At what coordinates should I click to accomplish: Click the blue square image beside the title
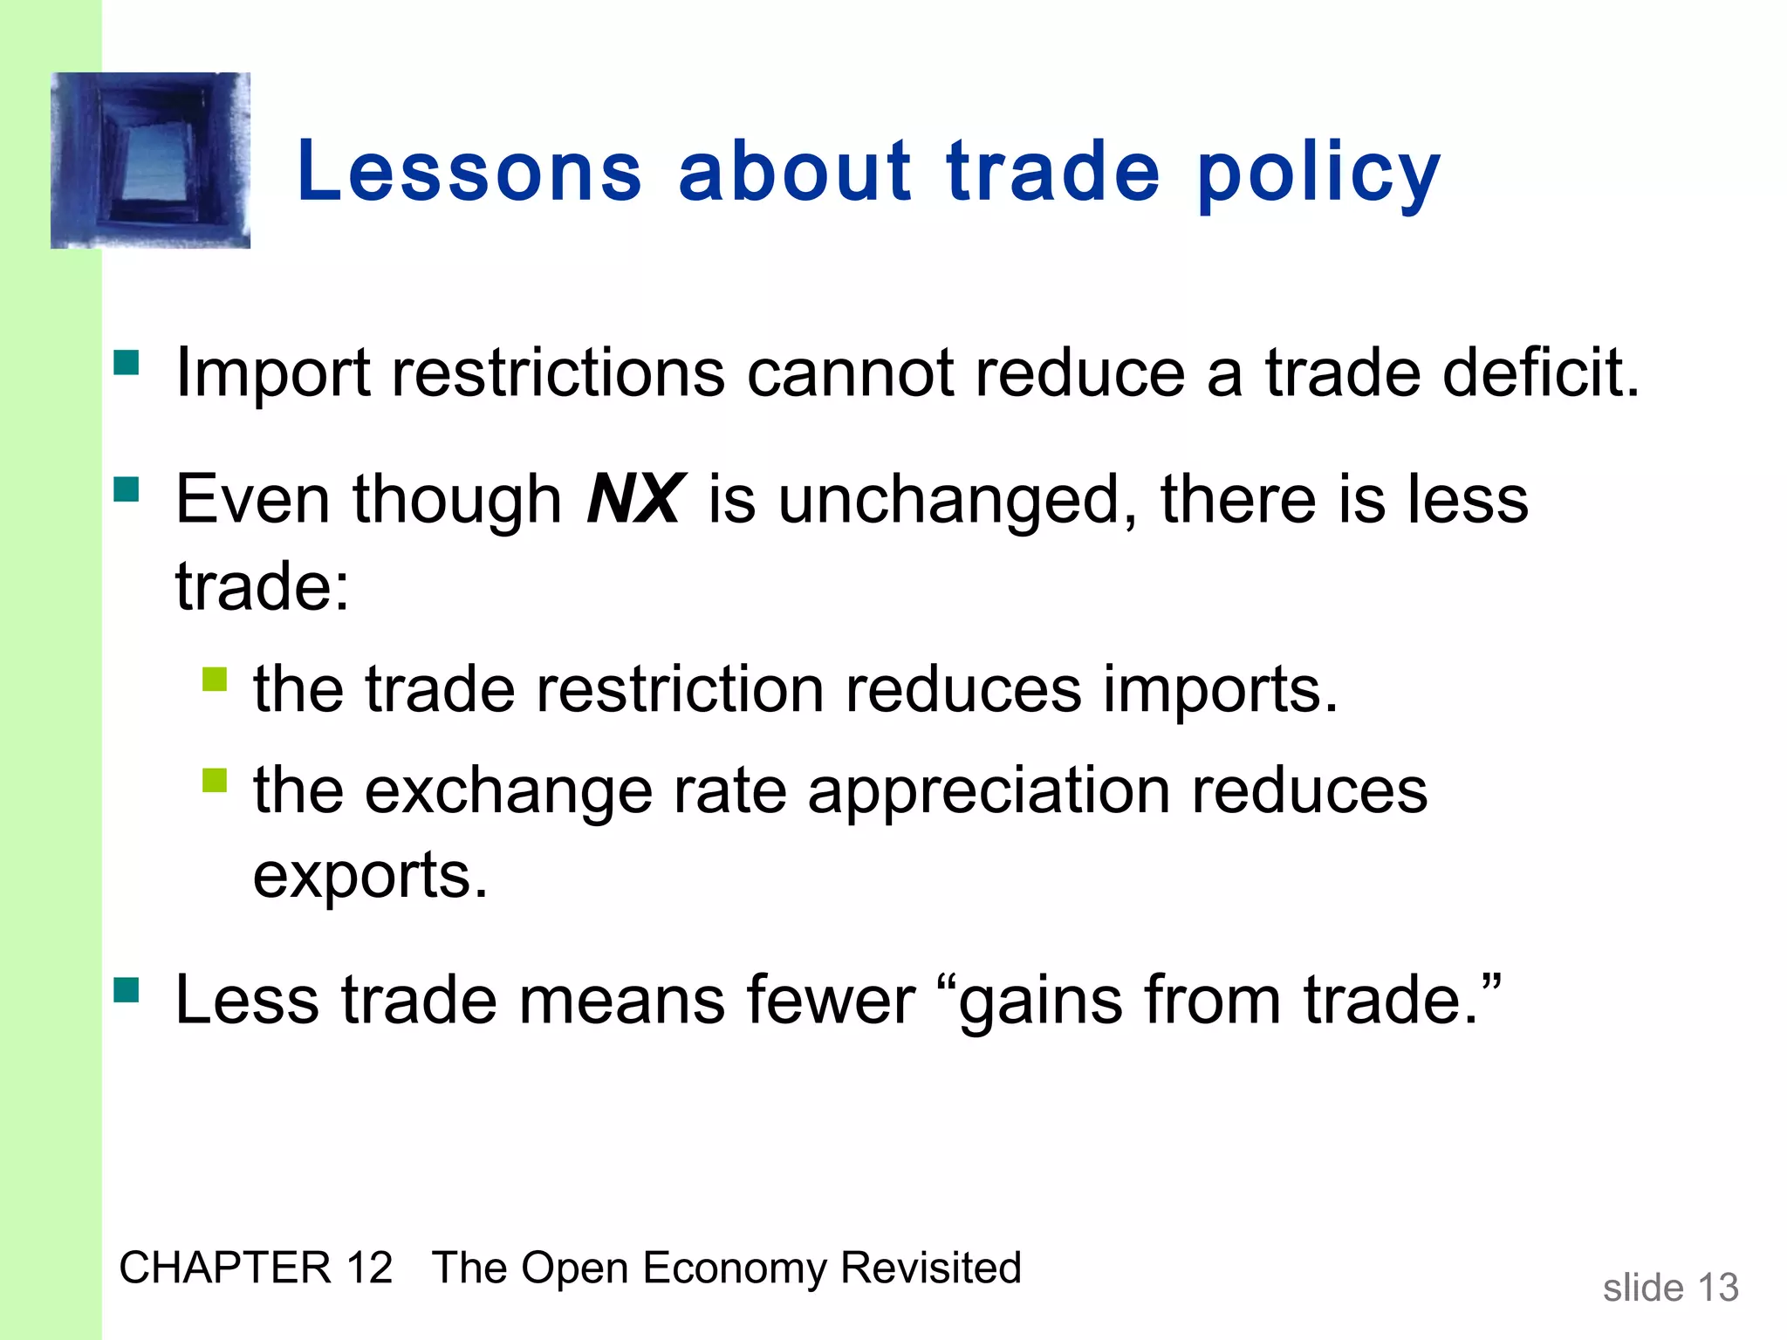(x=150, y=161)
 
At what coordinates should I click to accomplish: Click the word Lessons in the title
(x=469, y=172)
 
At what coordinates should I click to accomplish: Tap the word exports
(x=370, y=874)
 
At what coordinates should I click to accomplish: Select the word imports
(x=1220, y=689)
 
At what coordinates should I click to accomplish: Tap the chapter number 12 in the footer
(x=368, y=1268)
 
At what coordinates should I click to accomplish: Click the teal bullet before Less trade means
(x=127, y=989)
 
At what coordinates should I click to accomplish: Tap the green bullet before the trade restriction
(x=215, y=679)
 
